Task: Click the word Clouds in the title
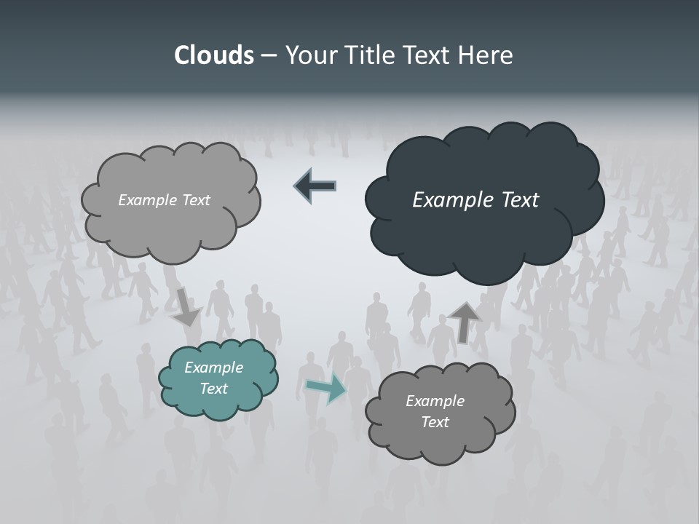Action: pyautogui.click(x=213, y=55)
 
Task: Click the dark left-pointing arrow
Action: pyautogui.click(x=316, y=186)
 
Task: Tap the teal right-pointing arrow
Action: pyautogui.click(x=326, y=389)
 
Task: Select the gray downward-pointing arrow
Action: pyautogui.click(x=187, y=306)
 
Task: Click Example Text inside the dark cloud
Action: pyautogui.click(x=475, y=200)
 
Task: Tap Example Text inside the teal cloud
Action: pyautogui.click(x=214, y=378)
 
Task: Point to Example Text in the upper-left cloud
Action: pyautogui.click(x=164, y=200)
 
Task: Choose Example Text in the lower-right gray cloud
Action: pyautogui.click(x=435, y=411)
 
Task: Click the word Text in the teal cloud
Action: pyautogui.click(x=214, y=389)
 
